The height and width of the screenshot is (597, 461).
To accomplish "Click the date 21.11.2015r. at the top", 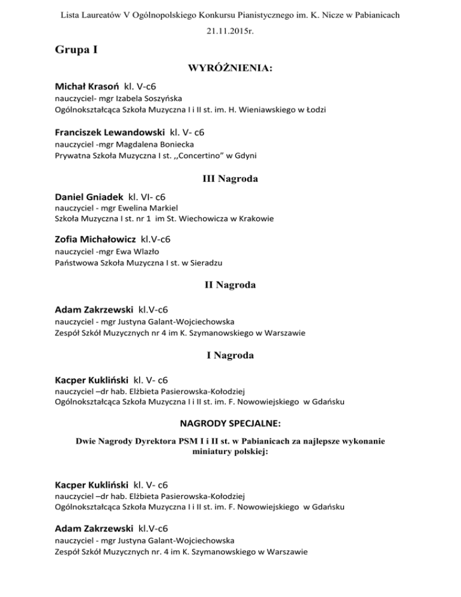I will point(230,27).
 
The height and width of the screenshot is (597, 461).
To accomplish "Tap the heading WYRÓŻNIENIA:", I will point(230,70).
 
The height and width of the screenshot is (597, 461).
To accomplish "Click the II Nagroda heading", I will point(230,285).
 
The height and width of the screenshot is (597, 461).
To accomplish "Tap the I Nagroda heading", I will point(230,356).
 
